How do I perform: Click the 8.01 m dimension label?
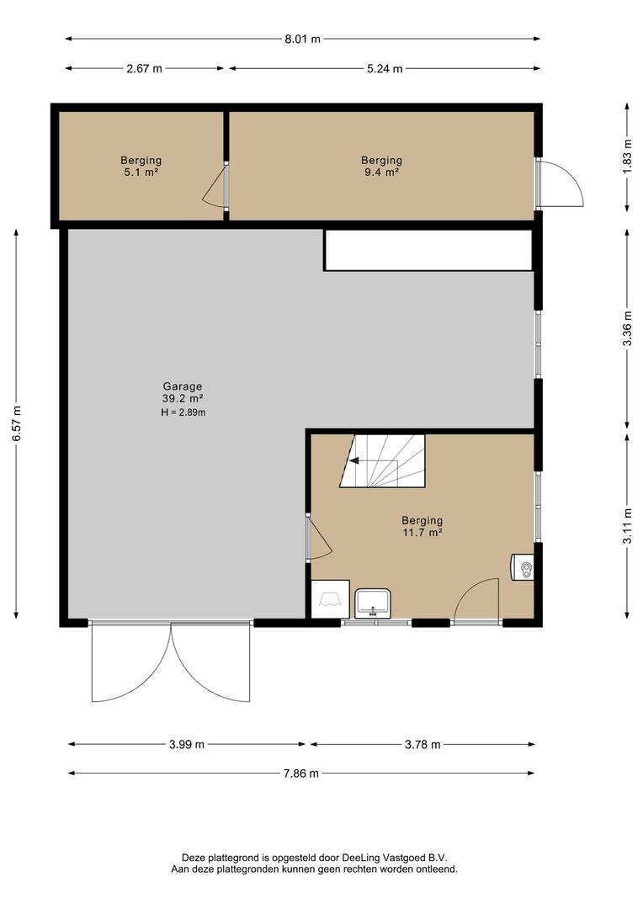pyautogui.click(x=302, y=40)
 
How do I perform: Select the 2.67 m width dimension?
pyautogui.click(x=145, y=68)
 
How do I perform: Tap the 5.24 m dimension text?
pyautogui.click(x=385, y=68)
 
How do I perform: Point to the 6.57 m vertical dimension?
pyautogui.click(x=17, y=423)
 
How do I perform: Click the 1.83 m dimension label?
pyautogui.click(x=627, y=157)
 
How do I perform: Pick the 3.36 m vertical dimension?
pyautogui.click(x=627, y=329)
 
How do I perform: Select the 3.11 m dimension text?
pyautogui.click(x=627, y=526)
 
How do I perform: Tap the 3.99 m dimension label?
pyautogui.click(x=187, y=744)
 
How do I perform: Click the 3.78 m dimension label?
pyautogui.click(x=422, y=744)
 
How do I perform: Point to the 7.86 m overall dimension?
pyautogui.click(x=301, y=773)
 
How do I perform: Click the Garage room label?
pyautogui.click(x=183, y=386)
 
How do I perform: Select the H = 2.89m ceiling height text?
pyautogui.click(x=183, y=412)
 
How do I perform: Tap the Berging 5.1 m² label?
pyautogui.click(x=141, y=166)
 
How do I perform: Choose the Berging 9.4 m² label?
pyautogui.click(x=381, y=166)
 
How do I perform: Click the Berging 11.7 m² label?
pyautogui.click(x=422, y=526)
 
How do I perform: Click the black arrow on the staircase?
pyautogui.click(x=353, y=462)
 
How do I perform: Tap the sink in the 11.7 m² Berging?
pyautogui.click(x=374, y=603)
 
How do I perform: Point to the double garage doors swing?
pyautogui.click(x=171, y=662)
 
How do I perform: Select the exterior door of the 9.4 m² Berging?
pyautogui.click(x=559, y=183)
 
